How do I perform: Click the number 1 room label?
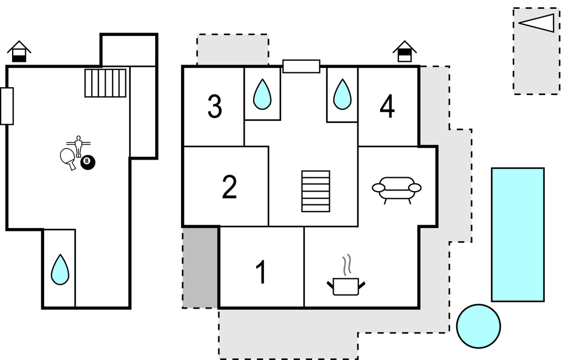(261, 272)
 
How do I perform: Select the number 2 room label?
(229, 188)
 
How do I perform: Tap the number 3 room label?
(214, 107)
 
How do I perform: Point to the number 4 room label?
(387, 107)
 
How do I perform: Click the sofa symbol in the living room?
(397, 189)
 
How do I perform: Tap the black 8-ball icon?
(88, 162)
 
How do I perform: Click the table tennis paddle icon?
(67, 158)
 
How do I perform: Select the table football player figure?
(78, 145)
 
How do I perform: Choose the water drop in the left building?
(60, 269)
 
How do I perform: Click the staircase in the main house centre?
(315, 191)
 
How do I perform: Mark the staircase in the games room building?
(106, 83)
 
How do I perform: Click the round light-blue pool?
(478, 326)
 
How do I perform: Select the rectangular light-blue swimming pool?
(518, 235)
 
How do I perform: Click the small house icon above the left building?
(19, 51)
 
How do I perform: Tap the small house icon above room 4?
(405, 51)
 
